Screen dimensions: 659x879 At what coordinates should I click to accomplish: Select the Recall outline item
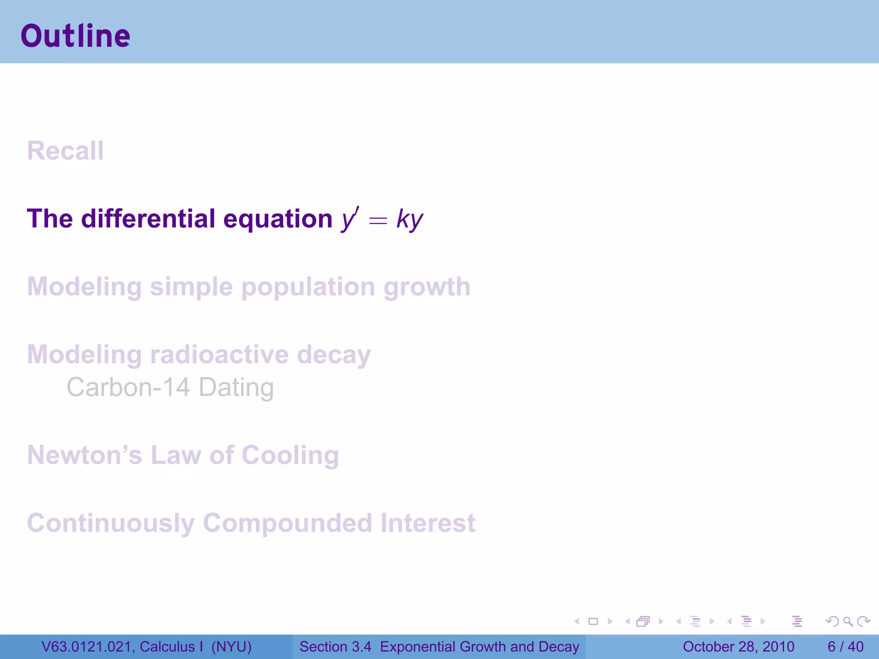coord(65,151)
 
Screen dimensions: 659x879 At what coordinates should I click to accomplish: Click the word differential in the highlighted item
coord(148,218)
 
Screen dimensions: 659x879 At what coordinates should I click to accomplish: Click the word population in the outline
coord(308,287)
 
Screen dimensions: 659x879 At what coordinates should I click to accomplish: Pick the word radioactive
coord(219,355)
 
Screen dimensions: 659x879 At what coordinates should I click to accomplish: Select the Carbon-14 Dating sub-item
coord(170,387)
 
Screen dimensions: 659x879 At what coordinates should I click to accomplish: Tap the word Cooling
coord(290,455)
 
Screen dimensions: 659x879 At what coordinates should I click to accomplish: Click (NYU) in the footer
coord(231,647)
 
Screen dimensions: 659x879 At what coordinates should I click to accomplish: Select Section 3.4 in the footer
coord(335,647)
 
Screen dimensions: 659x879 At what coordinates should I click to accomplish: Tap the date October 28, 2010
coord(738,647)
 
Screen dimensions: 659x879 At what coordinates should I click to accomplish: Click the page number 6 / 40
coord(845,647)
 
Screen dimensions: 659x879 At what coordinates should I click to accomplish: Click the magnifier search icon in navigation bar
coord(848,621)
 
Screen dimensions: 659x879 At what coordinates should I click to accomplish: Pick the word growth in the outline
coord(427,287)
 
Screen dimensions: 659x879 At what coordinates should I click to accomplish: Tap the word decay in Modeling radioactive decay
coord(333,355)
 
